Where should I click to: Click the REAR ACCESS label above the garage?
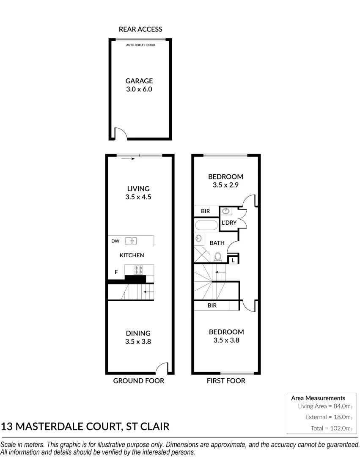pyautogui.click(x=140, y=29)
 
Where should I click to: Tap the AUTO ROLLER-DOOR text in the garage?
pyautogui.click(x=140, y=44)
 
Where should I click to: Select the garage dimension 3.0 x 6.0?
pyautogui.click(x=139, y=89)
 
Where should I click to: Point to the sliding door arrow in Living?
pyautogui.click(x=127, y=159)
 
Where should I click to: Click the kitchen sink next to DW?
pyautogui.click(x=132, y=241)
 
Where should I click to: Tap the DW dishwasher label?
pyautogui.click(x=115, y=241)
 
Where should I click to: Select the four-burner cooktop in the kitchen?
pyautogui.click(x=138, y=270)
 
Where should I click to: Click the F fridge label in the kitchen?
pyautogui.click(x=116, y=272)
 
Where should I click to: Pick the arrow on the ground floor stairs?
pyautogui.click(x=148, y=292)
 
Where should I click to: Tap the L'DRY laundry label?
pyautogui.click(x=229, y=223)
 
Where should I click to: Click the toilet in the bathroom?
pyautogui.click(x=218, y=257)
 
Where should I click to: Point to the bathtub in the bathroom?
pyautogui.click(x=206, y=224)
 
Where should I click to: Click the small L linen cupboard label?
pyautogui.click(x=233, y=261)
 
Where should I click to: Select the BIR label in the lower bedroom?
pyautogui.click(x=212, y=305)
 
